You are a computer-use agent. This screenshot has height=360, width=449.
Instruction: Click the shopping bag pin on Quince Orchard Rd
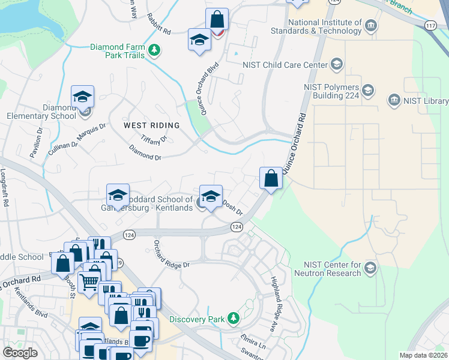pyautogui.click(x=271, y=178)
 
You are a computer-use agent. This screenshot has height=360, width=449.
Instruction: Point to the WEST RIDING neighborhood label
pyautogui.click(x=151, y=125)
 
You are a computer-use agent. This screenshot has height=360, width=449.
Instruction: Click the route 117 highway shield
pyautogui.click(x=429, y=25)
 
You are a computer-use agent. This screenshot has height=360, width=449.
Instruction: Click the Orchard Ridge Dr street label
pyautogui.click(x=171, y=256)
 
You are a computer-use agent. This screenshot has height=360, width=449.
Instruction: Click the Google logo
pyautogui.click(x=20, y=353)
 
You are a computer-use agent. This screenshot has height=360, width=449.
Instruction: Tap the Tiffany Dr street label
pyautogui.click(x=153, y=139)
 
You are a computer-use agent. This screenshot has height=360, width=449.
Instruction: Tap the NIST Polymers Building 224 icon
pyautogui.click(x=367, y=91)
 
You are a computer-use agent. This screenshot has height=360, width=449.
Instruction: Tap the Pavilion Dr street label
pyautogui.click(x=34, y=147)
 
